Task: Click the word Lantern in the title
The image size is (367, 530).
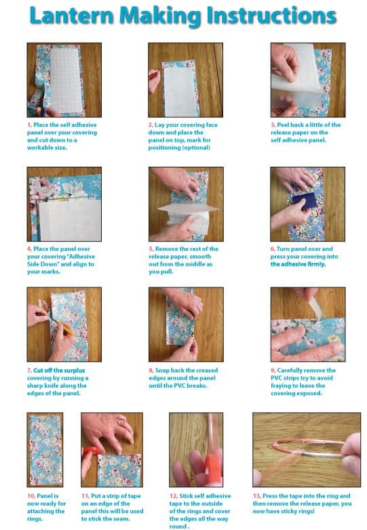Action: pyautogui.click(x=72, y=16)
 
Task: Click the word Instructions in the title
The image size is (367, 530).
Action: pyautogui.click(x=271, y=16)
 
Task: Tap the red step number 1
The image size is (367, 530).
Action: pyautogui.click(x=29, y=125)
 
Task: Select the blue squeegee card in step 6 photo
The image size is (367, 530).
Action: pyautogui.click(x=305, y=201)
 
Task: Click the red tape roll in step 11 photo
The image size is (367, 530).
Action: pyautogui.click(x=92, y=451)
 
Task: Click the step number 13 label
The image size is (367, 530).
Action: pyautogui.click(x=256, y=496)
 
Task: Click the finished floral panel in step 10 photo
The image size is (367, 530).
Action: pyautogui.click(x=45, y=449)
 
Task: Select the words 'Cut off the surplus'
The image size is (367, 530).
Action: pyautogui.click(x=59, y=371)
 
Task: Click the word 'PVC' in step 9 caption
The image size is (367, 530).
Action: pyautogui.click(x=277, y=378)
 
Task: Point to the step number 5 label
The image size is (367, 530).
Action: pyautogui.click(x=151, y=249)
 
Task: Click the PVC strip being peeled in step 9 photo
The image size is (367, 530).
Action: pyautogui.click(x=315, y=308)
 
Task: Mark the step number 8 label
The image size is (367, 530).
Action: pyautogui.click(x=151, y=371)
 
